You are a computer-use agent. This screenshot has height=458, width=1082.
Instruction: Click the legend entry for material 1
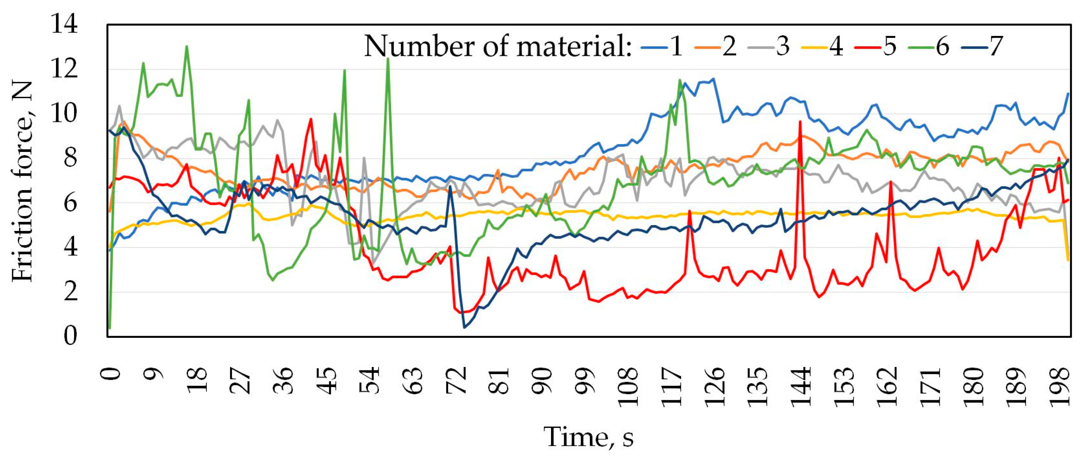(x=661, y=47)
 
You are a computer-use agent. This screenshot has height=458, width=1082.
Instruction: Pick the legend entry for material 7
(x=983, y=47)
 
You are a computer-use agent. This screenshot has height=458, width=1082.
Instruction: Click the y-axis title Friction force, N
(x=22, y=181)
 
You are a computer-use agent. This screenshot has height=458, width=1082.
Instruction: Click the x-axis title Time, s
(x=589, y=437)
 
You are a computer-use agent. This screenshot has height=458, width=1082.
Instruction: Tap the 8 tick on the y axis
(x=71, y=158)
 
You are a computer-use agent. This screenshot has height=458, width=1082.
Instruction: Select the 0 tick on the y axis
(x=71, y=336)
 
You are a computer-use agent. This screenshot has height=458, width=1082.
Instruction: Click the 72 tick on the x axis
(x=457, y=380)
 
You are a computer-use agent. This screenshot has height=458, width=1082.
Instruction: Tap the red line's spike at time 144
(x=800, y=122)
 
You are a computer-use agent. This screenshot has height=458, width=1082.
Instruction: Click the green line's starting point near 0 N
(x=110, y=327)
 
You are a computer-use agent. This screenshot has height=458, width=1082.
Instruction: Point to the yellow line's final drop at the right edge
(x=1067, y=260)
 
